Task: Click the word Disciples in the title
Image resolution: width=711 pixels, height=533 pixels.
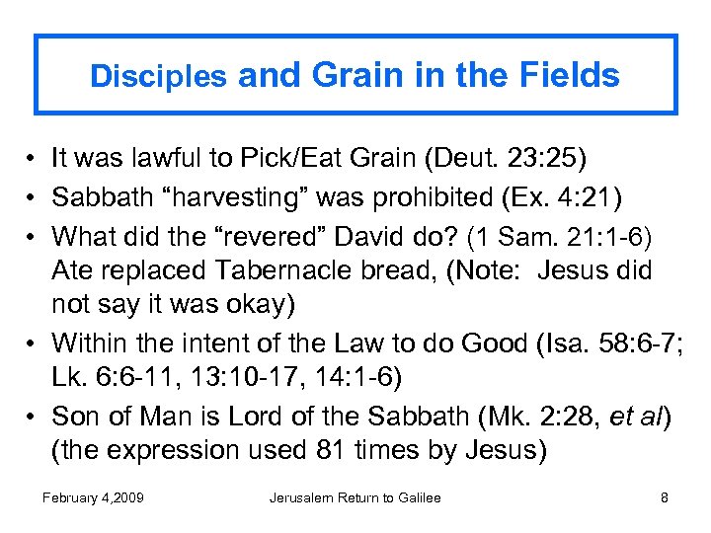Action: [x=158, y=78]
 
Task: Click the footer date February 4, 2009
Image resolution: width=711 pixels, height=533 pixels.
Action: [x=93, y=497]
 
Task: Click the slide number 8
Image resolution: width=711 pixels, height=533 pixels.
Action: [x=664, y=497]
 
